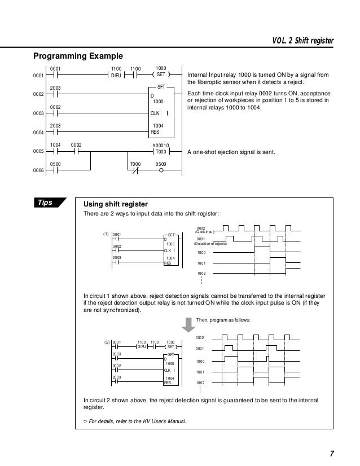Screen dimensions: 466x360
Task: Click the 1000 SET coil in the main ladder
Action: click(160, 74)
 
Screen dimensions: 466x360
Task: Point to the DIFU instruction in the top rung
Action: click(116, 74)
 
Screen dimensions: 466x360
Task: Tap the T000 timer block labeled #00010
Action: click(161, 151)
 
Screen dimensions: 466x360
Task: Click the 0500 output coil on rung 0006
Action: click(161, 170)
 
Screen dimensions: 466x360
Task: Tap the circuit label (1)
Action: click(105, 234)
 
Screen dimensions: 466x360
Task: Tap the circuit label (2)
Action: click(106, 342)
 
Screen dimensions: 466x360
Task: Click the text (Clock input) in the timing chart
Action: click(205, 232)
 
